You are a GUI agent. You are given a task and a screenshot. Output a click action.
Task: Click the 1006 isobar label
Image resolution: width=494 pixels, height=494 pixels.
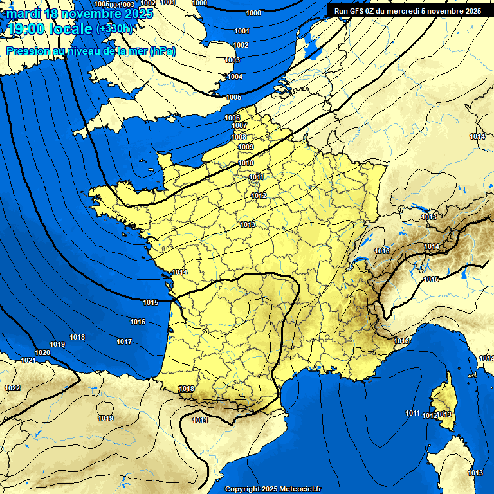(x=232, y=118)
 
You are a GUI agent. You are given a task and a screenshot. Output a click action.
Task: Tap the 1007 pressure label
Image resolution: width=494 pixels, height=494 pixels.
(x=239, y=126)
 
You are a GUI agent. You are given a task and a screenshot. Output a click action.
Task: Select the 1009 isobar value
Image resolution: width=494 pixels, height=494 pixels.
(x=245, y=147)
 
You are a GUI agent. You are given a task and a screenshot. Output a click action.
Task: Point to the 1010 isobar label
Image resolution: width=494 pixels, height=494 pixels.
(x=246, y=163)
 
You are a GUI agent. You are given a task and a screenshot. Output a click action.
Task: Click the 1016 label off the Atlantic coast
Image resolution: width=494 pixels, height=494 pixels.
(x=138, y=322)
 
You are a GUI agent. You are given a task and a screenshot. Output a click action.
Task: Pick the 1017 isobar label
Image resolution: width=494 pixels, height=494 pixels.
(x=124, y=342)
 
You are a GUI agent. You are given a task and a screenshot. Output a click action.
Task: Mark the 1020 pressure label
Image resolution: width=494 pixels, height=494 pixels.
(x=42, y=353)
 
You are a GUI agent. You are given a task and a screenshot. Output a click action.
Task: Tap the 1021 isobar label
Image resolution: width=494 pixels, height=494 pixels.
(x=28, y=361)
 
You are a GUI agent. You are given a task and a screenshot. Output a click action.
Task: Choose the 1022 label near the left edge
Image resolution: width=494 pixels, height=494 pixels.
(x=12, y=388)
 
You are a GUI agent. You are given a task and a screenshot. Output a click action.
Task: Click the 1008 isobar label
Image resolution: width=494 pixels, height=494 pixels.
(x=239, y=137)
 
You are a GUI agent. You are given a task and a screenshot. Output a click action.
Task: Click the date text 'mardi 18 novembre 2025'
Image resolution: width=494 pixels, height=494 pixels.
(x=80, y=14)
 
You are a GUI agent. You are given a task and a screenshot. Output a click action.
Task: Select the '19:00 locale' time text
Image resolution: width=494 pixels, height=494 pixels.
(x=50, y=29)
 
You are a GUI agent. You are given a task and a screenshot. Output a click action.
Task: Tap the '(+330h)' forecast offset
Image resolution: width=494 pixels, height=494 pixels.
(x=114, y=28)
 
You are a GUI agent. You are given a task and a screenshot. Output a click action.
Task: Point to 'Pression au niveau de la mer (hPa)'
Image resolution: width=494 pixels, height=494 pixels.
(x=91, y=51)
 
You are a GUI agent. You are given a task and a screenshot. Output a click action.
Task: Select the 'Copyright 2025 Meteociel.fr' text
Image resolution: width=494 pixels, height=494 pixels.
(x=273, y=489)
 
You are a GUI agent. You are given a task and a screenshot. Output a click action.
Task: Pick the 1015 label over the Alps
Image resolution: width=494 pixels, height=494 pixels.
(x=431, y=279)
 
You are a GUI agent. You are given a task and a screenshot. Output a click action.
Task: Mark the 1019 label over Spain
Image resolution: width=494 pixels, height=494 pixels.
(x=105, y=419)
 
